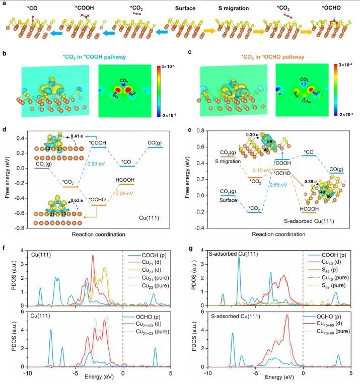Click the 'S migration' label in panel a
[231, 9]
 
